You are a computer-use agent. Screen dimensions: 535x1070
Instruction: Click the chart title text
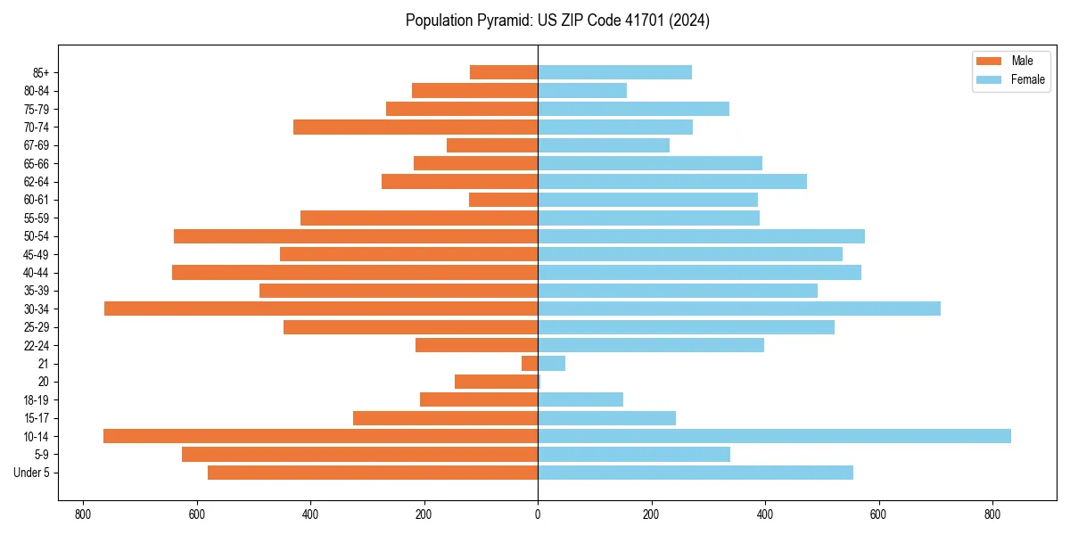pyautogui.click(x=557, y=21)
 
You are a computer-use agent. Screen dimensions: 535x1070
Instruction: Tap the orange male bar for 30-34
pyautogui.click(x=321, y=309)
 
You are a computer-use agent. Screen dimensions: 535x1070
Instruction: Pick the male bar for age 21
pyautogui.click(x=530, y=363)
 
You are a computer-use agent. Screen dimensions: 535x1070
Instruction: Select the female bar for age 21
pyautogui.click(x=551, y=363)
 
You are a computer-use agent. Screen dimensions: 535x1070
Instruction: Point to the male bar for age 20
pyautogui.click(x=496, y=382)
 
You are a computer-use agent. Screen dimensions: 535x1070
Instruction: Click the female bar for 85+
pyautogui.click(x=614, y=72)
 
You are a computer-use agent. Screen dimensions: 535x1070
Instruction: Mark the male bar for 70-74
pyautogui.click(x=416, y=127)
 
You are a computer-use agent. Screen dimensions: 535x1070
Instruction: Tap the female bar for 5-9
pyautogui.click(x=634, y=454)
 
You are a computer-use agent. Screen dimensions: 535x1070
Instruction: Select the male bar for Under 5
pyautogui.click(x=373, y=473)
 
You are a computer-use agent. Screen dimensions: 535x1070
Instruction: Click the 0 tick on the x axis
pyautogui.click(x=538, y=514)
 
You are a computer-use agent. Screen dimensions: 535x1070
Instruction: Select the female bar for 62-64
pyautogui.click(x=672, y=181)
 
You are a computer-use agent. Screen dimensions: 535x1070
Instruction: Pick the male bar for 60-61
pyautogui.click(x=503, y=200)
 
